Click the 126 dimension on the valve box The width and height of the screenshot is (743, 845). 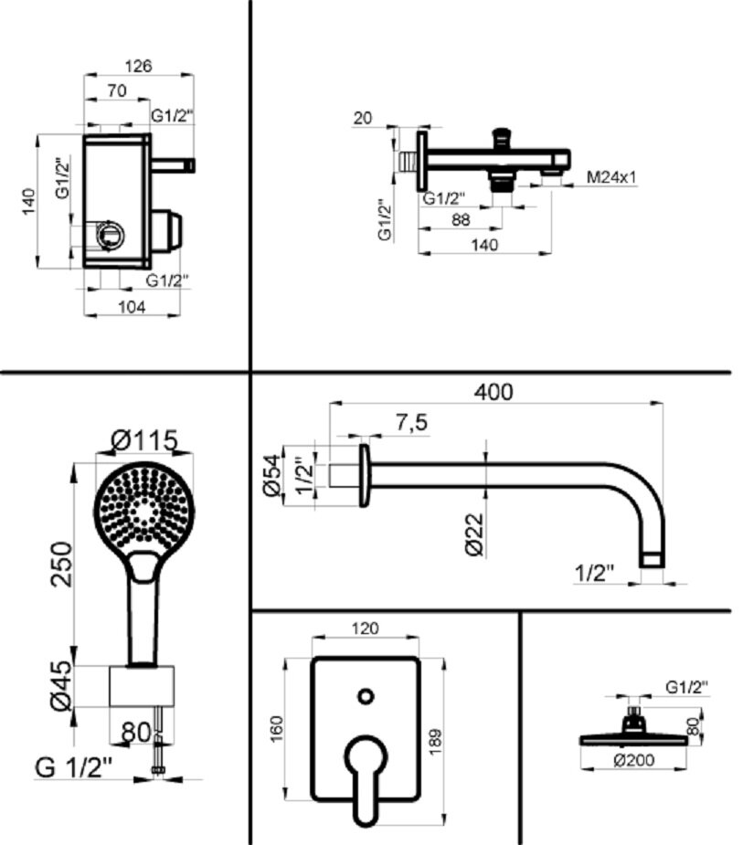point(140,66)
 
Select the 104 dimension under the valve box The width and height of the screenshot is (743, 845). point(132,307)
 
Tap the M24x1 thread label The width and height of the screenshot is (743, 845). point(611,176)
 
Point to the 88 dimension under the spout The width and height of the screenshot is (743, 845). point(461,219)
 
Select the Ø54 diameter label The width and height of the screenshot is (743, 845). point(271,476)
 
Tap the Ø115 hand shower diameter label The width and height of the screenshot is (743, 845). point(144,440)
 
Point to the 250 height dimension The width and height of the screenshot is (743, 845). point(60,565)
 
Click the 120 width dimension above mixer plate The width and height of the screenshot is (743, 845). point(365,628)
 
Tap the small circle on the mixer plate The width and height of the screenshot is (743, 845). point(365,697)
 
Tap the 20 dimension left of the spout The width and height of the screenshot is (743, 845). point(363,117)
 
